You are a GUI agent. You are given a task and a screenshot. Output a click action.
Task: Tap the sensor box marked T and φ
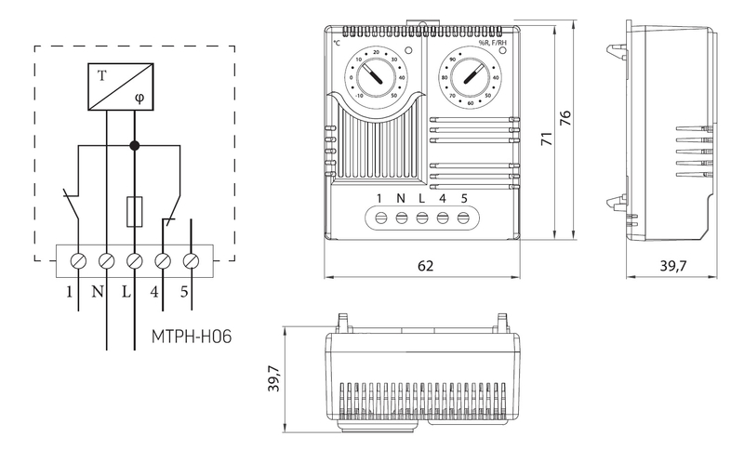tap(120, 86)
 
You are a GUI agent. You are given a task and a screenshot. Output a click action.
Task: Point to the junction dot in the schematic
tap(135, 145)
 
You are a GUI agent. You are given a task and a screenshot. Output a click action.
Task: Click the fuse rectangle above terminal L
tap(135, 211)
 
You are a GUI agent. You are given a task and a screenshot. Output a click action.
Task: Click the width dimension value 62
tap(425, 266)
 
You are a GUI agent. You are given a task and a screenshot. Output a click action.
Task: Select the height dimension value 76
tap(564, 119)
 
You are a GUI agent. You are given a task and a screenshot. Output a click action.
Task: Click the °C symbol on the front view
tap(337, 43)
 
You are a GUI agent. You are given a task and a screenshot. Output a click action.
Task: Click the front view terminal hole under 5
tap(463, 218)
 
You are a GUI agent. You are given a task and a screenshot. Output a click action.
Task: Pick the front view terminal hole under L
tap(422, 218)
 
